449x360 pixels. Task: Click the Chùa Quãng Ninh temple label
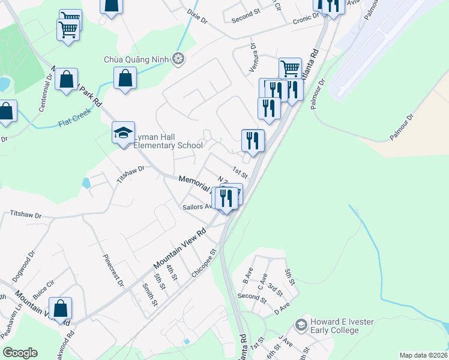[137, 59]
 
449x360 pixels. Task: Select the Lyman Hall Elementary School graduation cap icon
[123, 133]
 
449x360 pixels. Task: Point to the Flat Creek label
[74, 118]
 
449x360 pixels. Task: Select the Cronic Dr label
[306, 19]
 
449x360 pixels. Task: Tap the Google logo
[20, 353]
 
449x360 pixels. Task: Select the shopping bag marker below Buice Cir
[61, 309]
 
